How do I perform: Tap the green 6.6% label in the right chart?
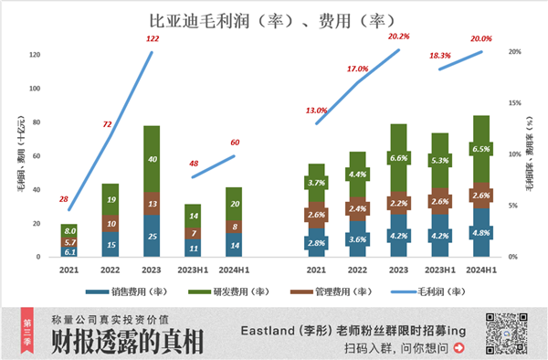click(398, 158)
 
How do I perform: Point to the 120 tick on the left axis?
click(35, 56)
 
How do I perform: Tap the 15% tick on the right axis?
click(514, 103)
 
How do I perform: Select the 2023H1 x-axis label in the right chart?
click(440, 270)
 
